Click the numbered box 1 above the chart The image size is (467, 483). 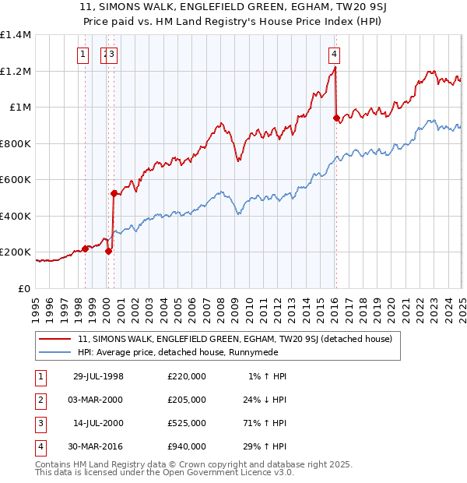coord(83,54)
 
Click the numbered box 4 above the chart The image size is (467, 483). coord(333,54)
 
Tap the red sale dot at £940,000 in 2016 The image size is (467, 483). coord(336,118)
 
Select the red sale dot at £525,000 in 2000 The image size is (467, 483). coord(114,193)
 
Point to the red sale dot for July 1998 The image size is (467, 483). coord(86,249)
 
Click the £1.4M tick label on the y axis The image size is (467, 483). coord(16,35)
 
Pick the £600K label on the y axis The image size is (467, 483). coord(15,180)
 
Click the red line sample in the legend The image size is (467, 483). coord(56,339)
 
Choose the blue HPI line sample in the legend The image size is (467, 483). coord(56,352)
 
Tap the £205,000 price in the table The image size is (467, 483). coord(187,400)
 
